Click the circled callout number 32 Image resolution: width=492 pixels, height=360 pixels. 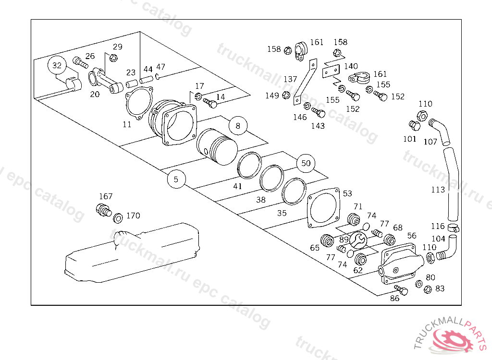(57, 65)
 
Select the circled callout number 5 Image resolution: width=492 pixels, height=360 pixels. (176, 180)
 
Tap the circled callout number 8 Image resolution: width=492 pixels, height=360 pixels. (237, 126)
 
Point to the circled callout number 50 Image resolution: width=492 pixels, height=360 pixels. (306, 163)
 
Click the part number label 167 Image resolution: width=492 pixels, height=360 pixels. (106, 196)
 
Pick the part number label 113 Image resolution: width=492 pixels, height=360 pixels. (438, 190)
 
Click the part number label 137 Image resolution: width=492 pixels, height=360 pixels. (290, 79)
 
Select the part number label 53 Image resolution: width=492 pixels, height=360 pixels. (347, 193)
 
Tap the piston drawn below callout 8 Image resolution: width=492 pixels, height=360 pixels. (217, 145)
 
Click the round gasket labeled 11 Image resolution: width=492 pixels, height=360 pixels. (138, 105)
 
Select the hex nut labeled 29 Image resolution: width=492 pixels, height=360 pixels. (113, 58)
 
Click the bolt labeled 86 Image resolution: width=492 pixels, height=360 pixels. (401, 290)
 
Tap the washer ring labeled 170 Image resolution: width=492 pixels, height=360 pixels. (117, 220)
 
